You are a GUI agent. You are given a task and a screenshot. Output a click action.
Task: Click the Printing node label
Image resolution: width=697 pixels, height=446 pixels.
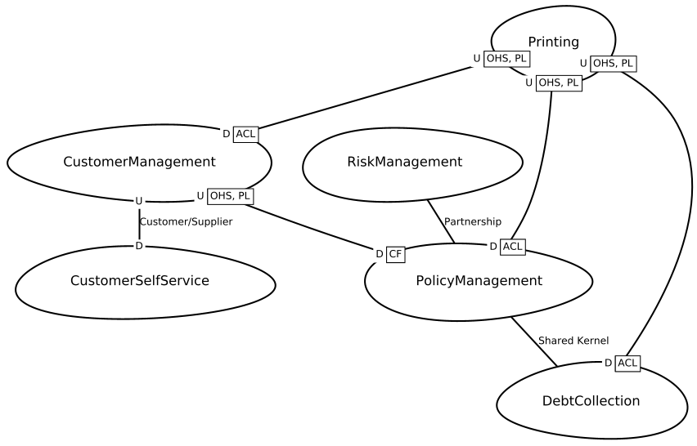553,42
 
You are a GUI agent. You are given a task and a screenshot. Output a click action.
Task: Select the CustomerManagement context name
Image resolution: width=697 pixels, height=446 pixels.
139,162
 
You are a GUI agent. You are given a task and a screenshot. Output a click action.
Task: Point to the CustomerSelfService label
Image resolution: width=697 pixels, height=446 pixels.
140,281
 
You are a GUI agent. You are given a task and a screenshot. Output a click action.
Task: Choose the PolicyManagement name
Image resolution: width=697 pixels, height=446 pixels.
479,281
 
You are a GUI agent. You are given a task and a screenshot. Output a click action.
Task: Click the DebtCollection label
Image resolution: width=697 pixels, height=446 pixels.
591,401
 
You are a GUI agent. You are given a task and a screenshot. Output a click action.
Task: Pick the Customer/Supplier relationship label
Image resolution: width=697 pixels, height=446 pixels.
186,221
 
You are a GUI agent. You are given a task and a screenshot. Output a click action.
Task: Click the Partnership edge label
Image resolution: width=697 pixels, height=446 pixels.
472,221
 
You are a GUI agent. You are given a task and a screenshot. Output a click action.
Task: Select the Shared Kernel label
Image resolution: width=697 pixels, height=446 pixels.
573,341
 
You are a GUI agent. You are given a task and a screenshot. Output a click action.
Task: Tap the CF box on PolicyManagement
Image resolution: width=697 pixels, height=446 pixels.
395,254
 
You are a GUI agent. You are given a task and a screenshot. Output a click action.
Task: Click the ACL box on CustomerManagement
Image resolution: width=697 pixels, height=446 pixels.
245,133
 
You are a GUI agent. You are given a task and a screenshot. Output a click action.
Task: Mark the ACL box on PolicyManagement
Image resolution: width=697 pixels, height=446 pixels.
512,247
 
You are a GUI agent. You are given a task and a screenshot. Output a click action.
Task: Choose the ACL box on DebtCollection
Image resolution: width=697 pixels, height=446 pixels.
627,363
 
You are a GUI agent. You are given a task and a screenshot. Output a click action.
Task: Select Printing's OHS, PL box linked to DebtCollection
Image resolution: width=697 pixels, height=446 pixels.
614,63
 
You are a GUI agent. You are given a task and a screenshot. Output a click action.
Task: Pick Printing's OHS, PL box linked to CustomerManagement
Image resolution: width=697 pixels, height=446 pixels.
506,58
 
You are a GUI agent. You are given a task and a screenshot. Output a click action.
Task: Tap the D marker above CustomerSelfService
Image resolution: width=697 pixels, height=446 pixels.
139,246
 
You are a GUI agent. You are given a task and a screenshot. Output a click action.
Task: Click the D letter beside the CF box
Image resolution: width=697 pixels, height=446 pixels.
379,254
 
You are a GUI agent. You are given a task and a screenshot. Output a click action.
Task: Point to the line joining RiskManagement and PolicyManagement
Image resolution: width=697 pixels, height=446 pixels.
441,221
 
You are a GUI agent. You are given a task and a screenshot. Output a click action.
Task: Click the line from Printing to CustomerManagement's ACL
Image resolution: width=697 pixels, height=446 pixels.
368,96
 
